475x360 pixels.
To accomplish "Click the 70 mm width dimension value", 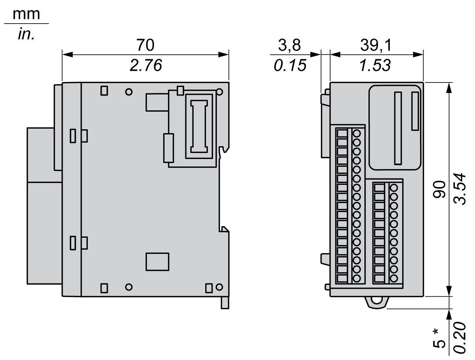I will pos(145,45).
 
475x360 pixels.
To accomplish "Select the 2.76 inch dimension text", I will pos(146,66).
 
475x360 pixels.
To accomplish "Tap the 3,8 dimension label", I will pos(289,45).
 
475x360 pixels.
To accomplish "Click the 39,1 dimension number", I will pos(376,45).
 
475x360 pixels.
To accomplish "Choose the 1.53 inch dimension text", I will pos(375,66).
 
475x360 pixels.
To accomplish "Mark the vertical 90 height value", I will pos(439,189).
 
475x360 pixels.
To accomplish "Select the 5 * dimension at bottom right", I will pos(439,338).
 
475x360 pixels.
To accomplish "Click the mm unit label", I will pos(26,14).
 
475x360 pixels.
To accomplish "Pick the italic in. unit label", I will pos(26,34).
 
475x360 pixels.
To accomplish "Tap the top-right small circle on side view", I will pos(219,91).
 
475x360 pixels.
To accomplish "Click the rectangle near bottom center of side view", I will pos(157,261).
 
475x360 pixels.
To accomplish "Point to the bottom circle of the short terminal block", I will pos(393,278).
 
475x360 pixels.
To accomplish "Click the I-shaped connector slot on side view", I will pos(199,126).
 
